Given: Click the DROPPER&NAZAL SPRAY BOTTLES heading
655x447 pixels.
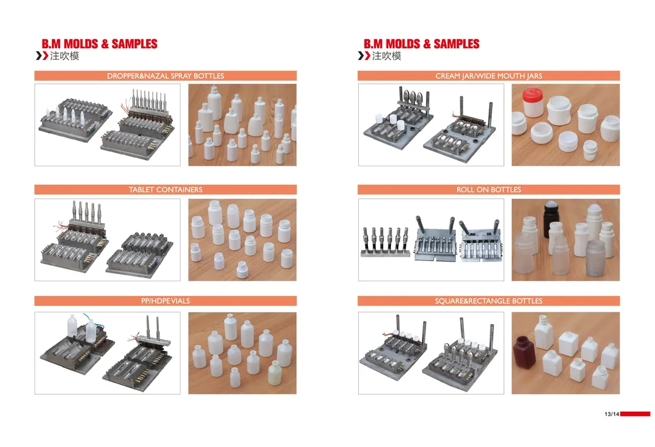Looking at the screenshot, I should pyautogui.click(x=165, y=76).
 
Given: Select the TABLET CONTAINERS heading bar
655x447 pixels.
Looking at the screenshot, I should pyautogui.click(x=165, y=189).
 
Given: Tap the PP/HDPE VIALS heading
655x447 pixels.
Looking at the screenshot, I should pyautogui.click(x=165, y=301).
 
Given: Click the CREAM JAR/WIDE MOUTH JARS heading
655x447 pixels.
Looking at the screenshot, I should pyautogui.click(x=489, y=76).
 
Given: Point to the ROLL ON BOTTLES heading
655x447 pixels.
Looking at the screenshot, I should pyautogui.click(x=489, y=189).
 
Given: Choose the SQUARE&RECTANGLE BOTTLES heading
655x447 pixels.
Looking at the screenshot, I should pyautogui.click(x=489, y=301).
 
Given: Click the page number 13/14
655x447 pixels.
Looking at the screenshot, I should pyautogui.click(x=611, y=414).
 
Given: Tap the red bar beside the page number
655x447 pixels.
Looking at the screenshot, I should pyautogui.click(x=635, y=414).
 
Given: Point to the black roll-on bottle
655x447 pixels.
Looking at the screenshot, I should pyautogui.click(x=551, y=216).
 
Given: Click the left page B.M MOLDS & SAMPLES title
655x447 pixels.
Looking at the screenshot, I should pyautogui.click(x=100, y=44).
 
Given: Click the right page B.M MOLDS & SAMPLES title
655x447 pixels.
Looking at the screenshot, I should pyautogui.click(x=422, y=44).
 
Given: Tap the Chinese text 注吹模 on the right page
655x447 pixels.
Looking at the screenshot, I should pyautogui.click(x=387, y=56).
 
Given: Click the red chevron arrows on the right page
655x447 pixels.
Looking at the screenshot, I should pyautogui.click(x=364, y=56).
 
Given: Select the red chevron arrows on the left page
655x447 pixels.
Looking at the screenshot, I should pyautogui.click(x=41, y=56).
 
